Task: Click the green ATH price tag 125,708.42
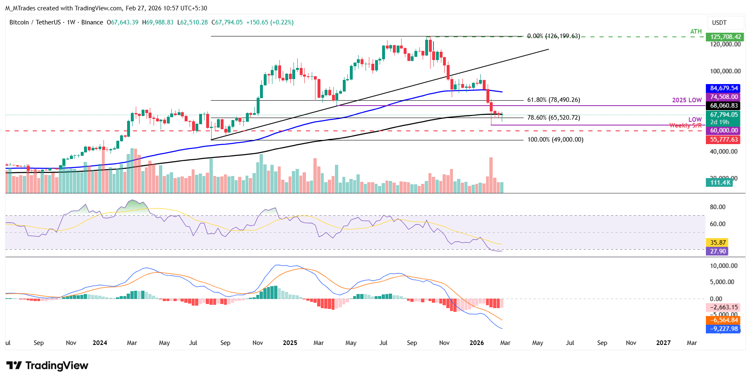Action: click(x=725, y=37)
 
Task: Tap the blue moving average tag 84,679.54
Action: click(x=724, y=88)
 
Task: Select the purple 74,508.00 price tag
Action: click(x=724, y=97)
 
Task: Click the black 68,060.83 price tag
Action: click(x=724, y=106)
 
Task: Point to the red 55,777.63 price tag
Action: click(x=724, y=140)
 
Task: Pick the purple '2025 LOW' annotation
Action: click(x=686, y=100)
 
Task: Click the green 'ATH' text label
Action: click(x=696, y=31)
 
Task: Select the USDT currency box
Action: click(x=719, y=23)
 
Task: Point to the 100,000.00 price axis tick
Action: click(x=725, y=71)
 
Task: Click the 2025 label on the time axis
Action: click(x=290, y=343)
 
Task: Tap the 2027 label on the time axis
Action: click(x=663, y=343)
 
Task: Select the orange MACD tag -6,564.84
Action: click(x=724, y=320)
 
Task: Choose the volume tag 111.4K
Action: click(x=720, y=183)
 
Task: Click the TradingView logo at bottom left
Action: click(x=47, y=366)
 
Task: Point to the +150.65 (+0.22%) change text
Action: click(x=270, y=22)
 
